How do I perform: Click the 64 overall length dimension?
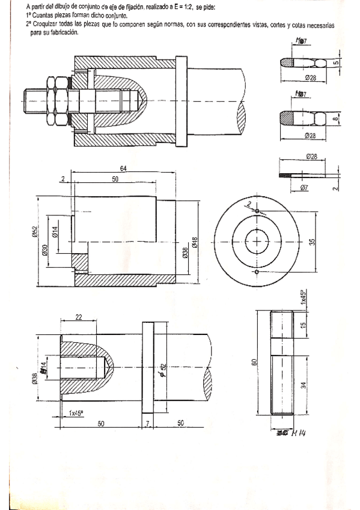coord(123,169)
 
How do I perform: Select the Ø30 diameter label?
coord(44,250)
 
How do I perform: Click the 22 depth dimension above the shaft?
coord(79,318)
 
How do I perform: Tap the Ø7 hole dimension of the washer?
coord(305,188)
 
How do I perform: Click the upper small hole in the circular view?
coord(257,212)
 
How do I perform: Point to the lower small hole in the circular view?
coord(257,272)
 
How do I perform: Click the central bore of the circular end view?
coord(257,242)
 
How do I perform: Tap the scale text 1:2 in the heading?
coord(183,8)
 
